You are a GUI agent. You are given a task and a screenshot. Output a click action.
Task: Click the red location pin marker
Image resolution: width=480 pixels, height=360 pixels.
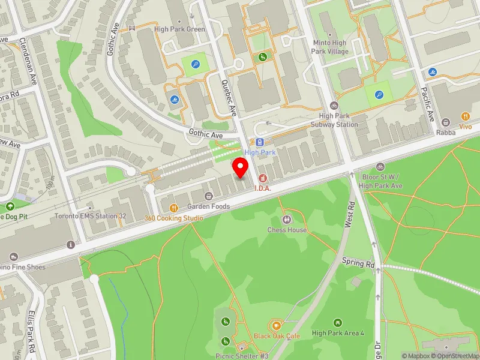click(x=241, y=167)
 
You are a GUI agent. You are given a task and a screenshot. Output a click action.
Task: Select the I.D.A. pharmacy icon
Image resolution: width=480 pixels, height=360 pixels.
click(x=262, y=178)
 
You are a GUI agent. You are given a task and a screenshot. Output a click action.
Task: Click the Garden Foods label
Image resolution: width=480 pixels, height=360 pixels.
click(x=209, y=206)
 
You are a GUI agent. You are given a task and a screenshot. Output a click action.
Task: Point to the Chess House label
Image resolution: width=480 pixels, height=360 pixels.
click(x=287, y=230)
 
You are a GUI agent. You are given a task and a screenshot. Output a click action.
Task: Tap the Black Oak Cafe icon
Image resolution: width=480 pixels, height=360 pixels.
click(x=276, y=325)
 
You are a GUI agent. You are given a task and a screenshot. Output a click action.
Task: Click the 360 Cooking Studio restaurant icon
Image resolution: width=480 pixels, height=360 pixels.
click(x=173, y=208)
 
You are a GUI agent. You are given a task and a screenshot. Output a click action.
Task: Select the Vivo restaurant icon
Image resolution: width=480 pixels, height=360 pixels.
click(x=466, y=116)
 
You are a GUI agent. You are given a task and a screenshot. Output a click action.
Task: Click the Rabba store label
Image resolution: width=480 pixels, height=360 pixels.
click(x=446, y=133)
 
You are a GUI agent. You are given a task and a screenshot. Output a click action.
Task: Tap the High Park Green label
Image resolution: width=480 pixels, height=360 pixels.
click(x=179, y=29)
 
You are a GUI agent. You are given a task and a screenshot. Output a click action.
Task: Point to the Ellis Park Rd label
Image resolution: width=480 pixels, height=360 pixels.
click(x=32, y=332)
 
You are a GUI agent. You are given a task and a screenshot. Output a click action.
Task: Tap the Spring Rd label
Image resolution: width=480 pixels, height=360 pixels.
click(x=358, y=263)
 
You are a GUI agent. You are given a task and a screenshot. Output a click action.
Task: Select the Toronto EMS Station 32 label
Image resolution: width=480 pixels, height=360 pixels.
click(x=90, y=216)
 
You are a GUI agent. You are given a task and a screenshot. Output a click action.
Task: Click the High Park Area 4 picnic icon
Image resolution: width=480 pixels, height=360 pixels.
click(x=338, y=323)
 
